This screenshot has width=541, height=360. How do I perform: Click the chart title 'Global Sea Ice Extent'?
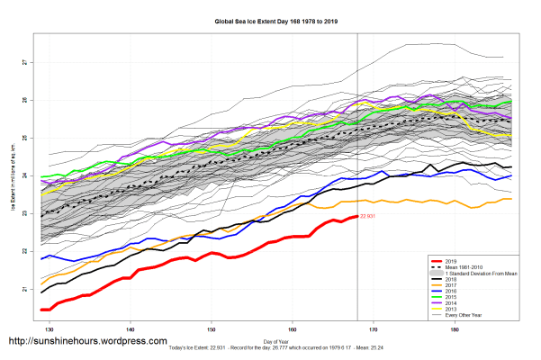tap(270, 20)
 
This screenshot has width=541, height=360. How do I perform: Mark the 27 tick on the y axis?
tap(24, 63)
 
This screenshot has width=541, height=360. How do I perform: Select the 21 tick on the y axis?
tap(24, 290)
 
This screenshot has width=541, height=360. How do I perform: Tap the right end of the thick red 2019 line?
tap(356, 217)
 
